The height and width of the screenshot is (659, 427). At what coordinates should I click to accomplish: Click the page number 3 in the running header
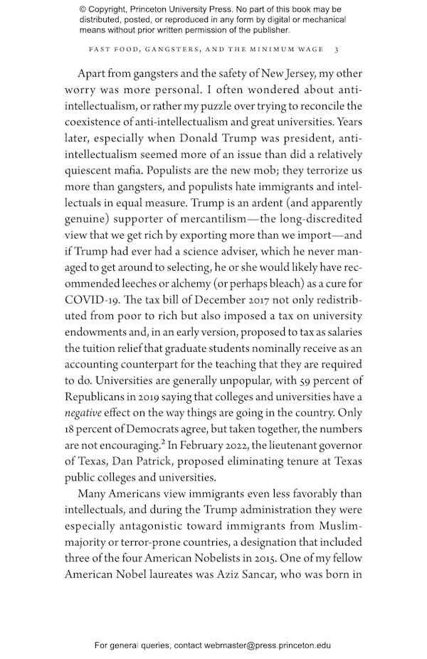point(337,49)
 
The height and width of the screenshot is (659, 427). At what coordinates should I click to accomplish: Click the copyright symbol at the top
point(83,9)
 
